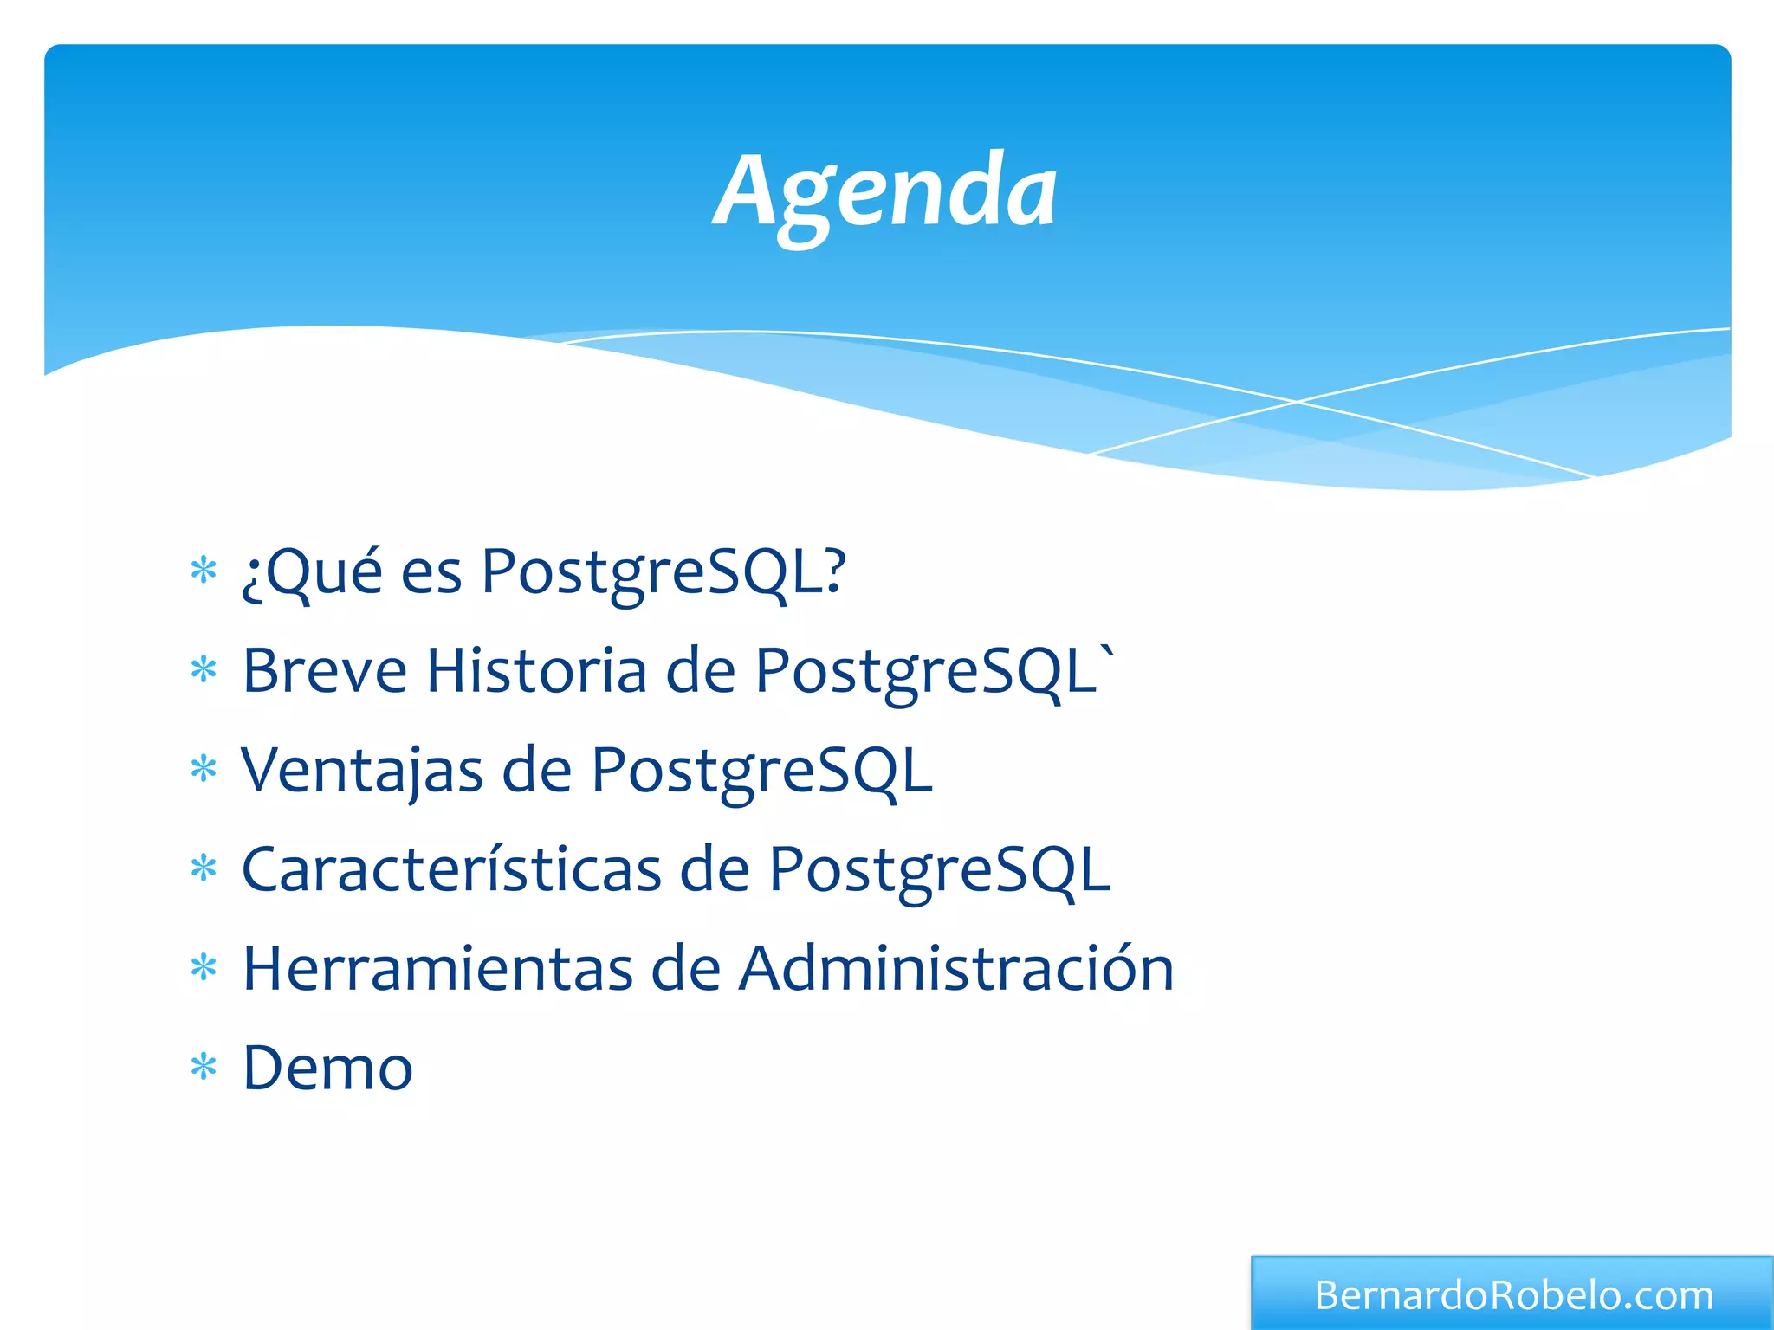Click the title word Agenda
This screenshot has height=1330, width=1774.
click(885, 192)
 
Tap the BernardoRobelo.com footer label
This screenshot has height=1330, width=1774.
click(1513, 1296)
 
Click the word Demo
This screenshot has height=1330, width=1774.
click(327, 1068)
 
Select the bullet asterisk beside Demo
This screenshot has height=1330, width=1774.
click(204, 1068)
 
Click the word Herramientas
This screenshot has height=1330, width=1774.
click(437, 968)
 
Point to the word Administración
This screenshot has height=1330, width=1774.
click(956, 968)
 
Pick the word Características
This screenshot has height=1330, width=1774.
click(451, 869)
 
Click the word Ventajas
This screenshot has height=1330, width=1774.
click(362, 770)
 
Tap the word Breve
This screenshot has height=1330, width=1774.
click(324, 671)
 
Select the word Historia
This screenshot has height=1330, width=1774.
click(536, 671)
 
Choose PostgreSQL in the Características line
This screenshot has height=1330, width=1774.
click(939, 870)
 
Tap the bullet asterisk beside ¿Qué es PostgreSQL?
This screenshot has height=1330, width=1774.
click(204, 571)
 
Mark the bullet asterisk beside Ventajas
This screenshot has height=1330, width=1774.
click(204, 770)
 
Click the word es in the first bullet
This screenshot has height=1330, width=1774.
click(431, 575)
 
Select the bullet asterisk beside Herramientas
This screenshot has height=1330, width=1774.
click(204, 968)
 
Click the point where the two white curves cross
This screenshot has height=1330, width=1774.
click(1297, 402)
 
